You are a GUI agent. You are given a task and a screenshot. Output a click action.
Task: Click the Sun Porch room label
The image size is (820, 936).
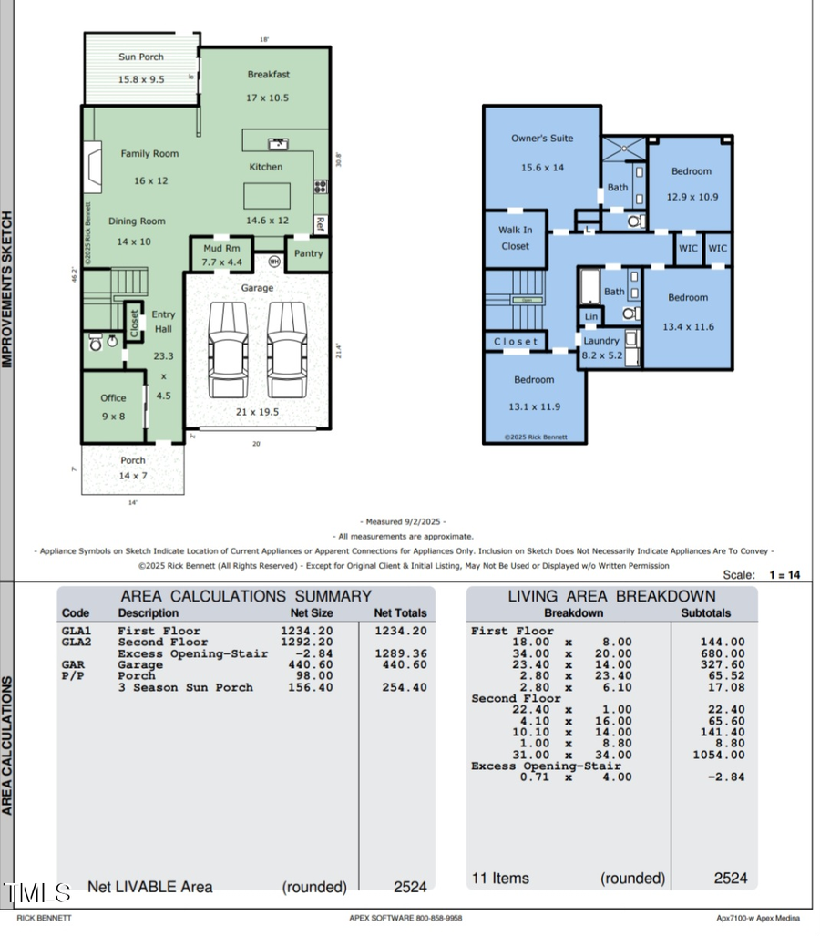[x=141, y=57]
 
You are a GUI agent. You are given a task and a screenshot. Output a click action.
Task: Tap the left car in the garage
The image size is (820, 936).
[x=227, y=350]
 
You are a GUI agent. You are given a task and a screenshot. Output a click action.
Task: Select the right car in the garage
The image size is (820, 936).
[x=286, y=350]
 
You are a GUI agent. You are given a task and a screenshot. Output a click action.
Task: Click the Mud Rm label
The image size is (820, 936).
[x=221, y=248]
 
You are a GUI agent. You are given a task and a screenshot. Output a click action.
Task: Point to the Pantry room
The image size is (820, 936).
[x=308, y=253]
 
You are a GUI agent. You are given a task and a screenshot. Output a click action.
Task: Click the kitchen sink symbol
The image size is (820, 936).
[x=277, y=143]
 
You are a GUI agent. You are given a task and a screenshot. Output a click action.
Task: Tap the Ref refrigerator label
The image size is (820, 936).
[x=320, y=221]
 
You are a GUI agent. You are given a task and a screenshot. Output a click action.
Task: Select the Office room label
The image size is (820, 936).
[x=114, y=397]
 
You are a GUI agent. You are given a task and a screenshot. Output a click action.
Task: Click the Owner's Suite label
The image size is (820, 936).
[x=542, y=139]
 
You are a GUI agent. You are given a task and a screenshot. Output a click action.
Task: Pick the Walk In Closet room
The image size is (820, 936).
[x=515, y=238]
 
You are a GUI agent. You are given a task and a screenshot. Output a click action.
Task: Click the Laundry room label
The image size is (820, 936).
[x=601, y=341]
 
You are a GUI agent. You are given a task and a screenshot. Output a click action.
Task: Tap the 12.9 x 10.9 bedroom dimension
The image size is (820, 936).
[x=692, y=196]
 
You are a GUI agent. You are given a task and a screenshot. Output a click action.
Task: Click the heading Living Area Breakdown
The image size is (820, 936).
[x=610, y=596]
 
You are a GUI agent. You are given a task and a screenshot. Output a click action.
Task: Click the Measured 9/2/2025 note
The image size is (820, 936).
[x=405, y=521]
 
